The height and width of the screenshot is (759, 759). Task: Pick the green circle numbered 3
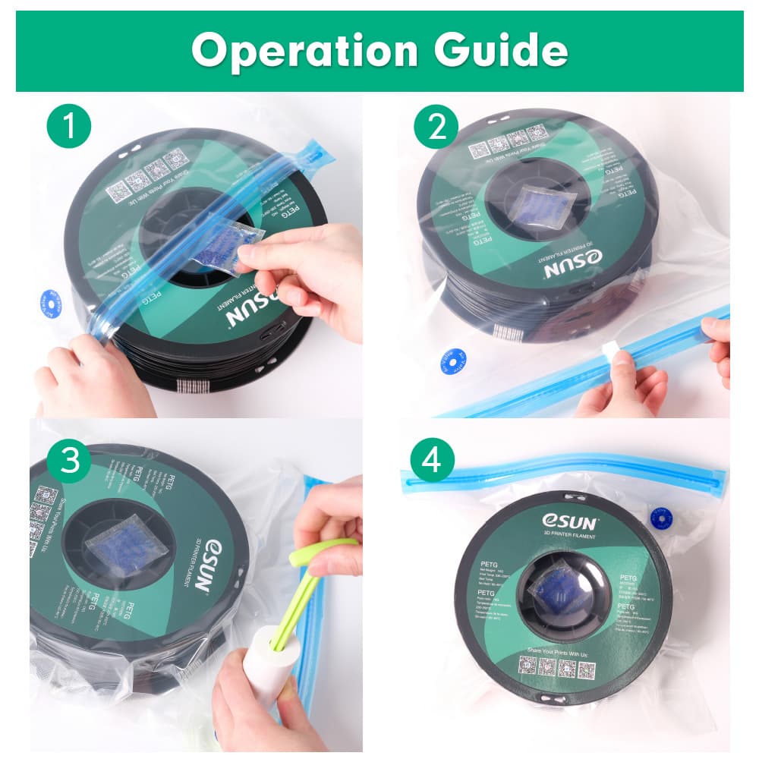tap(69, 462)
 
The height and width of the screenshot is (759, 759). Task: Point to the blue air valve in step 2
tap(453, 362)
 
